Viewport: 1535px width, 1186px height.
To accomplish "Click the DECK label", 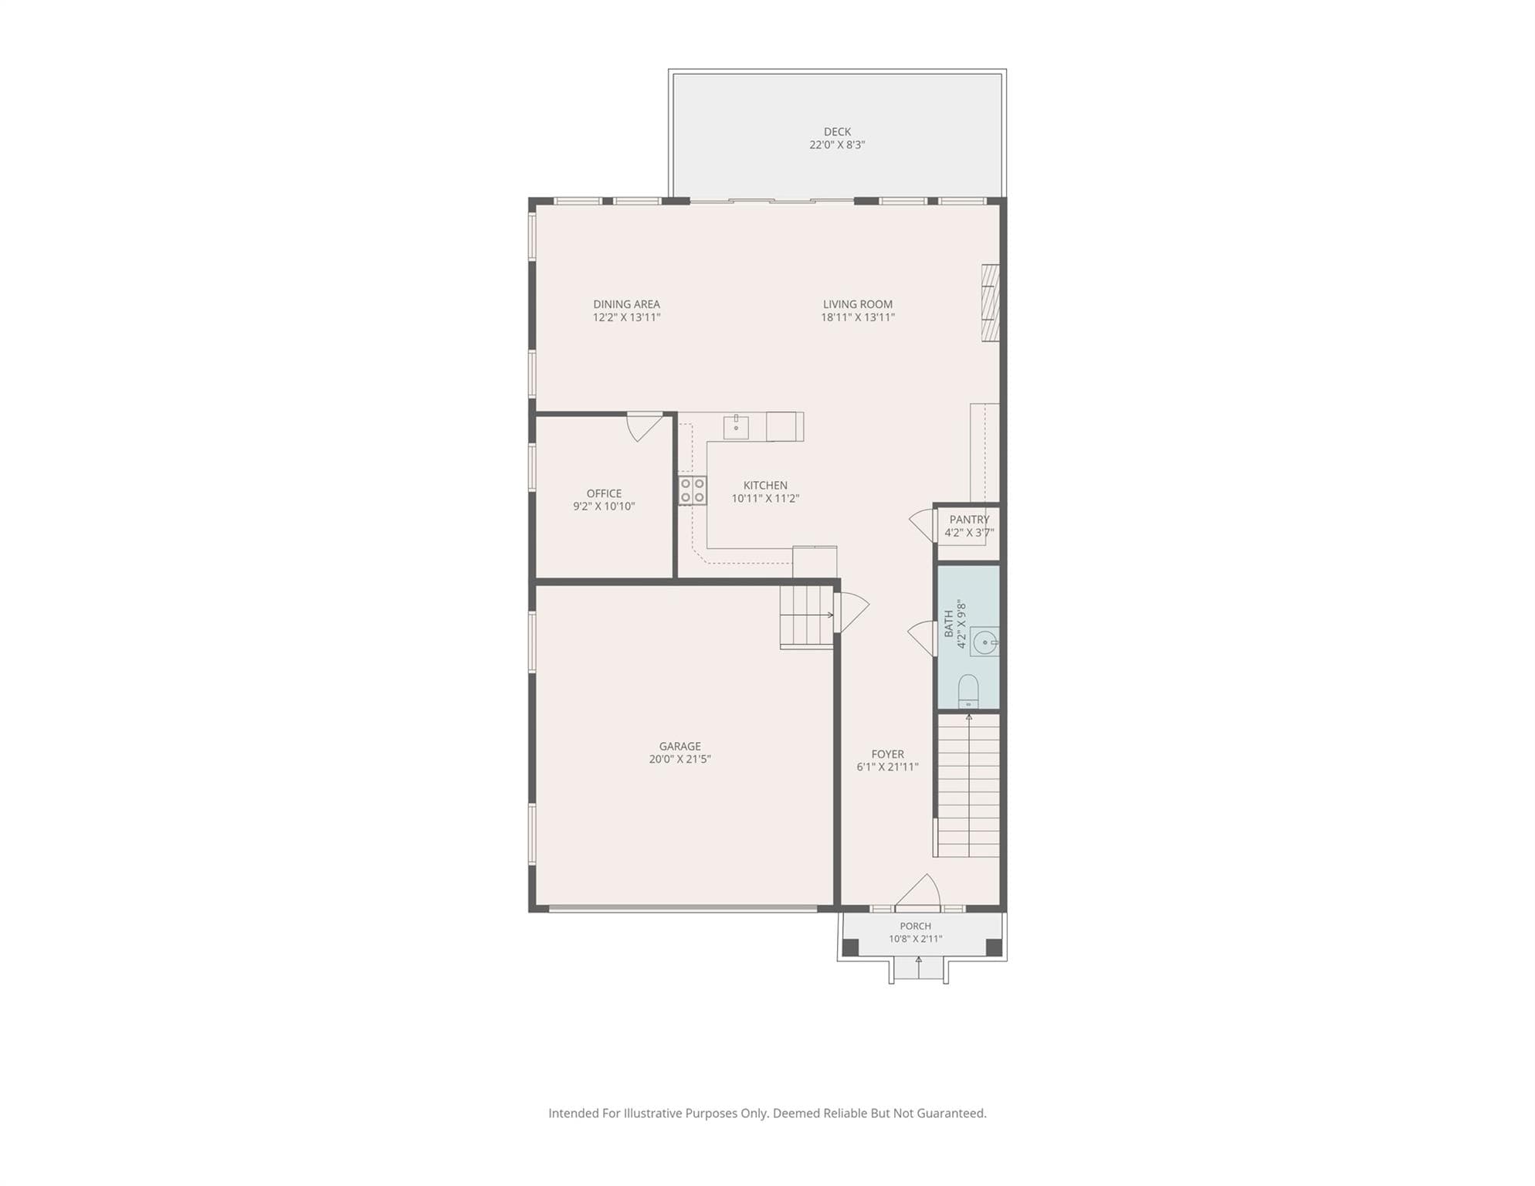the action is [837, 132].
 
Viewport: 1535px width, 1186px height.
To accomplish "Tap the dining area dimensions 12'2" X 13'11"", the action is [626, 317].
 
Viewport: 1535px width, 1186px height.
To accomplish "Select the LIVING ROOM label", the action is [857, 304].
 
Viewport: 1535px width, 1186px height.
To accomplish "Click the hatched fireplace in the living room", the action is [990, 303].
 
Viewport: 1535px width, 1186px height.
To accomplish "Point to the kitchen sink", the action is [736, 427].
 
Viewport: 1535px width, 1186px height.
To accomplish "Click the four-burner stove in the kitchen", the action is [692, 490].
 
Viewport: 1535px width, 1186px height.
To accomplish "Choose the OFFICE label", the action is [604, 493].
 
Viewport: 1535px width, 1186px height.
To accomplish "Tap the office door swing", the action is [643, 427].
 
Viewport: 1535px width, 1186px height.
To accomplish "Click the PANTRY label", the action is [969, 520].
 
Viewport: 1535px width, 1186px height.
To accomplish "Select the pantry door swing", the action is [922, 526].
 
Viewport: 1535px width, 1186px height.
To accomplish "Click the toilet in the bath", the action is [968, 691].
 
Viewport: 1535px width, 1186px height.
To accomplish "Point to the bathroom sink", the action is [984, 642].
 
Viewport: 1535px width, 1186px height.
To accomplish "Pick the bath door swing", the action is [922, 639].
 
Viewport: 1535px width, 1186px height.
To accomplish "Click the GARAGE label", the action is [679, 746].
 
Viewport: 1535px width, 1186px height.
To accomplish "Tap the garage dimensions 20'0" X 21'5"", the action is [679, 759].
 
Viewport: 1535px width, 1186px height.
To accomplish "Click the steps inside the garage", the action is [806, 617].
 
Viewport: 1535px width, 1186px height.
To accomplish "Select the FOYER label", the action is [887, 754].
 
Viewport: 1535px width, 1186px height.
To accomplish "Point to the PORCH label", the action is [915, 926].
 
